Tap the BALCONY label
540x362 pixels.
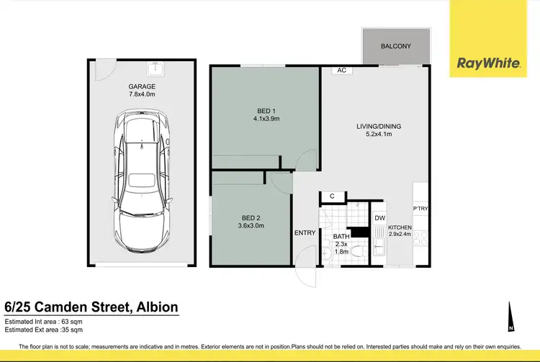point(395,46)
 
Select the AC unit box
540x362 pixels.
point(342,71)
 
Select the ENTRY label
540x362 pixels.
point(305,232)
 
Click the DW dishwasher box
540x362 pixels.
point(380,218)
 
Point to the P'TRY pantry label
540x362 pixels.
point(420,209)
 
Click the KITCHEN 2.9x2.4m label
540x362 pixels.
point(400,231)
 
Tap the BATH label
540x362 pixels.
point(341,237)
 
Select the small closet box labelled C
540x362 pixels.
point(333,196)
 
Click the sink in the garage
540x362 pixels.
point(155,69)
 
